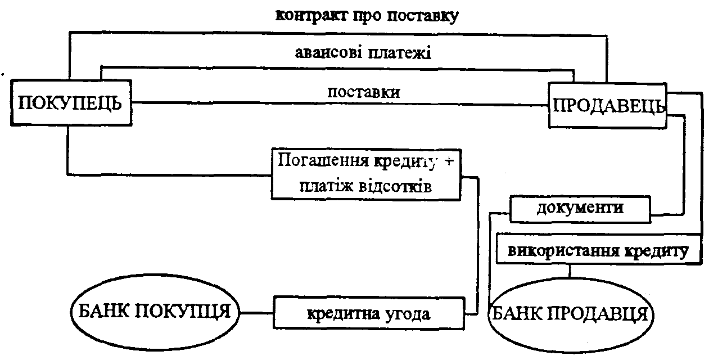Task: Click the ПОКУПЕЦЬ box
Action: (x=69, y=103)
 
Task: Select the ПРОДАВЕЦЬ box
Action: (x=607, y=106)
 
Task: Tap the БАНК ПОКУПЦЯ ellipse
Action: (x=153, y=311)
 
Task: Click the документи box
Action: (x=580, y=208)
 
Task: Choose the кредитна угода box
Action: (x=370, y=313)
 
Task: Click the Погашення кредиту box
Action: (x=366, y=173)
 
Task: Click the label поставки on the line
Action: (x=364, y=91)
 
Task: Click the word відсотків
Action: (x=398, y=187)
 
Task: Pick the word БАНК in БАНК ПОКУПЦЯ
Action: (x=103, y=311)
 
